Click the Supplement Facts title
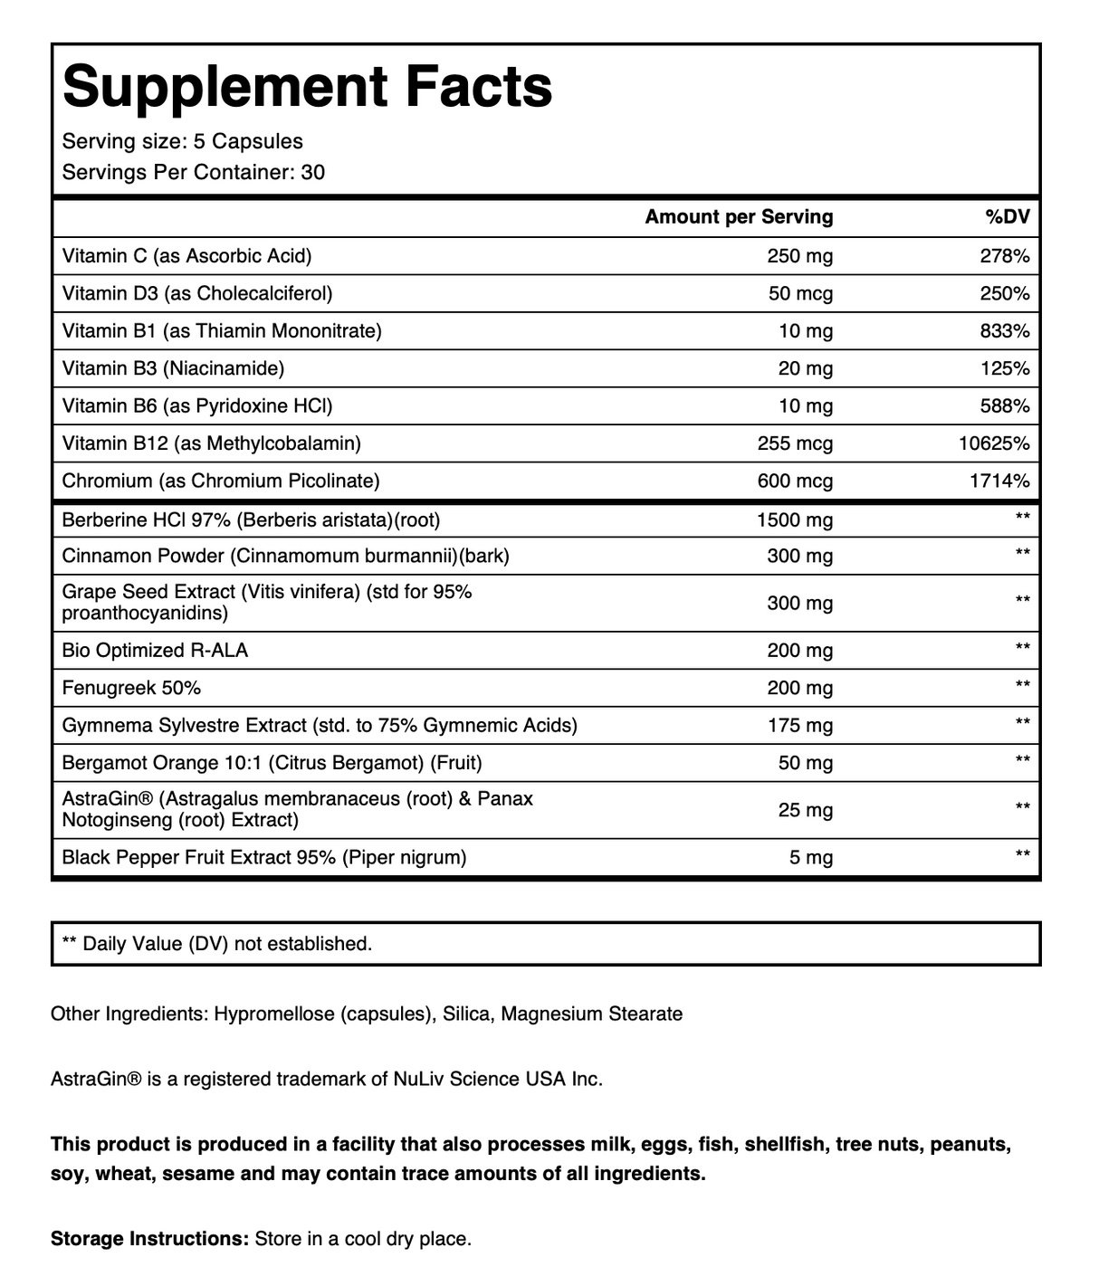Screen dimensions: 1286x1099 pos(308,88)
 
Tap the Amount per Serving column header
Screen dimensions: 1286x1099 pos(739,217)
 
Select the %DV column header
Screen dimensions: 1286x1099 pos(1008,217)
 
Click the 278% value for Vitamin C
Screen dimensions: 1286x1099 pos(1005,256)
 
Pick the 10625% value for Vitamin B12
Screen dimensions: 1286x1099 pos(994,443)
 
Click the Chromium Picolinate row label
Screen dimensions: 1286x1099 pos(221,481)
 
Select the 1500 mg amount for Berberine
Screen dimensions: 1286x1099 pos(795,520)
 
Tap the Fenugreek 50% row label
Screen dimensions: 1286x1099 pos(131,688)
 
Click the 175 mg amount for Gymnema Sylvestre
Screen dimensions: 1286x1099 pos(799,726)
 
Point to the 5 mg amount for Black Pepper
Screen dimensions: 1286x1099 pos(810,858)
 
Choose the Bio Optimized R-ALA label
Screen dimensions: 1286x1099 pos(155,651)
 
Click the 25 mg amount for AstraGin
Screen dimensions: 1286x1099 pos(805,810)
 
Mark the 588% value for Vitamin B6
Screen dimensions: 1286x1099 pos(1005,406)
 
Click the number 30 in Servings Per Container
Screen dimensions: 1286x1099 pos(313,173)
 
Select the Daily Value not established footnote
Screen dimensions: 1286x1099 pos(216,944)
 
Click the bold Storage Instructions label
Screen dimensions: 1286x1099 pos(149,1239)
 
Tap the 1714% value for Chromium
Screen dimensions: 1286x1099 pos(999,481)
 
